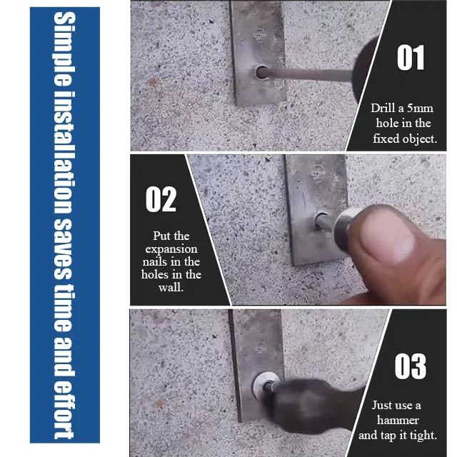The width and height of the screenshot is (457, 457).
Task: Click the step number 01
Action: point(411,58)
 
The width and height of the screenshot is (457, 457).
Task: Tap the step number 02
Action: point(161,199)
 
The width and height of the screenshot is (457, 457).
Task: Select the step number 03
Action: point(411,366)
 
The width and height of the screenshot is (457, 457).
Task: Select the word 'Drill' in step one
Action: point(383,109)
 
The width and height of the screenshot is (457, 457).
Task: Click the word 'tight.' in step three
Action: point(421,434)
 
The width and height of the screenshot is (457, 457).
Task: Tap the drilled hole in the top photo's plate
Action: point(261,72)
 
